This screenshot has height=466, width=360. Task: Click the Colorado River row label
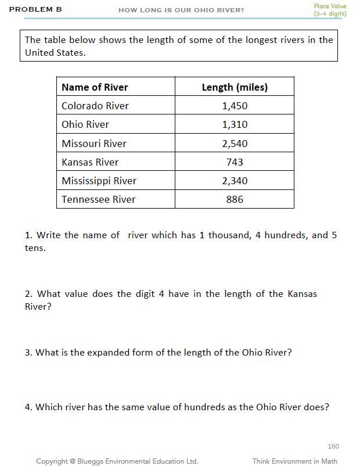(x=95, y=106)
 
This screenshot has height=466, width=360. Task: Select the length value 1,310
(x=235, y=124)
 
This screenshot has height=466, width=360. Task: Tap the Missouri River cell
(x=94, y=144)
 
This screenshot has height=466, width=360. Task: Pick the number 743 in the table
(x=235, y=162)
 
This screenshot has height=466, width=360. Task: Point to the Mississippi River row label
(x=99, y=181)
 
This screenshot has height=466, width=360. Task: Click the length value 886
(x=235, y=199)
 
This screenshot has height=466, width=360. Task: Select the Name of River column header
(x=95, y=87)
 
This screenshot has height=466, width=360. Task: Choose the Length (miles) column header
(x=235, y=87)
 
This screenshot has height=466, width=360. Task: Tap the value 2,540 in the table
(x=235, y=144)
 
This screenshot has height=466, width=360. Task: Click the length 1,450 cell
(x=235, y=106)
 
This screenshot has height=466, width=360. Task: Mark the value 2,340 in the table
(x=235, y=181)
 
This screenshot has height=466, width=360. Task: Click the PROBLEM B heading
(x=35, y=10)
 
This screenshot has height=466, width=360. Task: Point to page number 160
(x=333, y=446)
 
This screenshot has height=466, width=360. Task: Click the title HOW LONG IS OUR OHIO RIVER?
(x=181, y=10)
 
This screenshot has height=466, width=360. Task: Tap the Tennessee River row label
(x=99, y=199)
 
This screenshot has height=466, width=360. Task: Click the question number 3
(x=28, y=353)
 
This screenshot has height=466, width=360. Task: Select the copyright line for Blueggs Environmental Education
(x=117, y=461)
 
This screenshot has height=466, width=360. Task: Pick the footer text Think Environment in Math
(x=295, y=461)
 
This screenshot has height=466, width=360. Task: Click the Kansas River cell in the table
(x=90, y=162)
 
